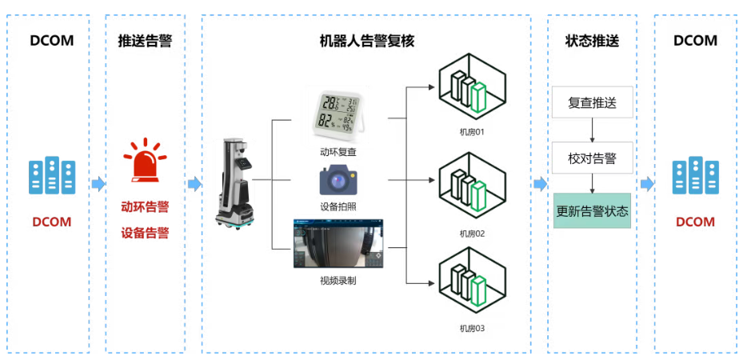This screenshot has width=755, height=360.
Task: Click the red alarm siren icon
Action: (x=145, y=161)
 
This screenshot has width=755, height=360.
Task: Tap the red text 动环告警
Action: (x=145, y=207)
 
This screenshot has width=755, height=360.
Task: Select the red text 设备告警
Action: (x=145, y=234)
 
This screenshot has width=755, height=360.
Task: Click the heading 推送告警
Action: (x=145, y=40)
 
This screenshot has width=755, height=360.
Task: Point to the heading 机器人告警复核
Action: (x=366, y=40)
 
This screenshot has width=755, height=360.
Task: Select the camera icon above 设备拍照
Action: (x=338, y=180)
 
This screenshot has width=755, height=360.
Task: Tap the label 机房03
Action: (x=473, y=328)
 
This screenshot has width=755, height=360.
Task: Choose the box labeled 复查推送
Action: (x=592, y=102)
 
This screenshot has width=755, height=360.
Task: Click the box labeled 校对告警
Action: (x=592, y=158)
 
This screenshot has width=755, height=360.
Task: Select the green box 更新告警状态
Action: (x=592, y=211)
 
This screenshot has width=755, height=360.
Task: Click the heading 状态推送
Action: (x=592, y=40)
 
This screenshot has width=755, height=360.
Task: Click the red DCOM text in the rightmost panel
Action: (x=695, y=222)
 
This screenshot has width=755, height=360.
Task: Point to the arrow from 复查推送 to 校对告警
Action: (x=592, y=130)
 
